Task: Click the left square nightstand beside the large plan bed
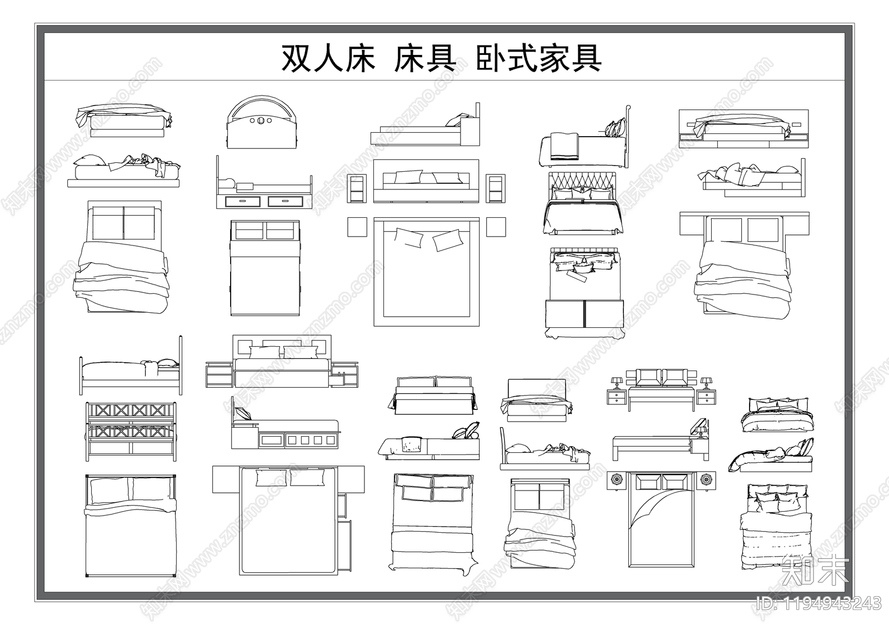point(357,227)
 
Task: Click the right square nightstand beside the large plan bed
point(496,227)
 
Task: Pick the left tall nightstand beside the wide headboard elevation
point(357,188)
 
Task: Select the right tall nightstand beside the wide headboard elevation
point(496,188)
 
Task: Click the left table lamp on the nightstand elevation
point(616,383)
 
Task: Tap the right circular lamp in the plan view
point(706,479)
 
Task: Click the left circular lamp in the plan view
point(616,479)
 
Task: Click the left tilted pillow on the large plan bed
point(408,238)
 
